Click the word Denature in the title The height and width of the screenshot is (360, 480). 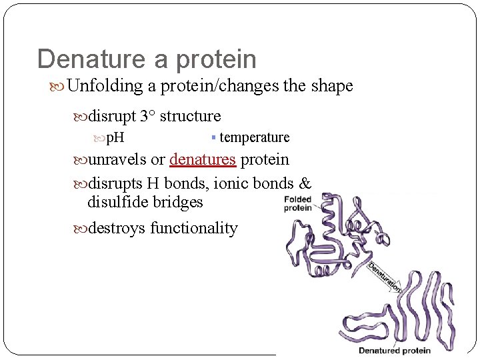[93, 59]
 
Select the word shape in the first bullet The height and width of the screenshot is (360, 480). [331, 86]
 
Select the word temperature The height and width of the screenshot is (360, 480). [254, 137]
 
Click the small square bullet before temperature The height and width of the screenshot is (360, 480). [213, 137]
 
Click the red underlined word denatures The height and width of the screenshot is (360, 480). [203, 160]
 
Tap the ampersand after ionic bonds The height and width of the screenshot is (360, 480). [305, 183]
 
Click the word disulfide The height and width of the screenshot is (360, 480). [116, 202]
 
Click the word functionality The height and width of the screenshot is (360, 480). [193, 228]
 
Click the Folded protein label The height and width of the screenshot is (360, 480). [297, 203]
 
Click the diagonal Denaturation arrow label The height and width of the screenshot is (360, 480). [384, 277]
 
